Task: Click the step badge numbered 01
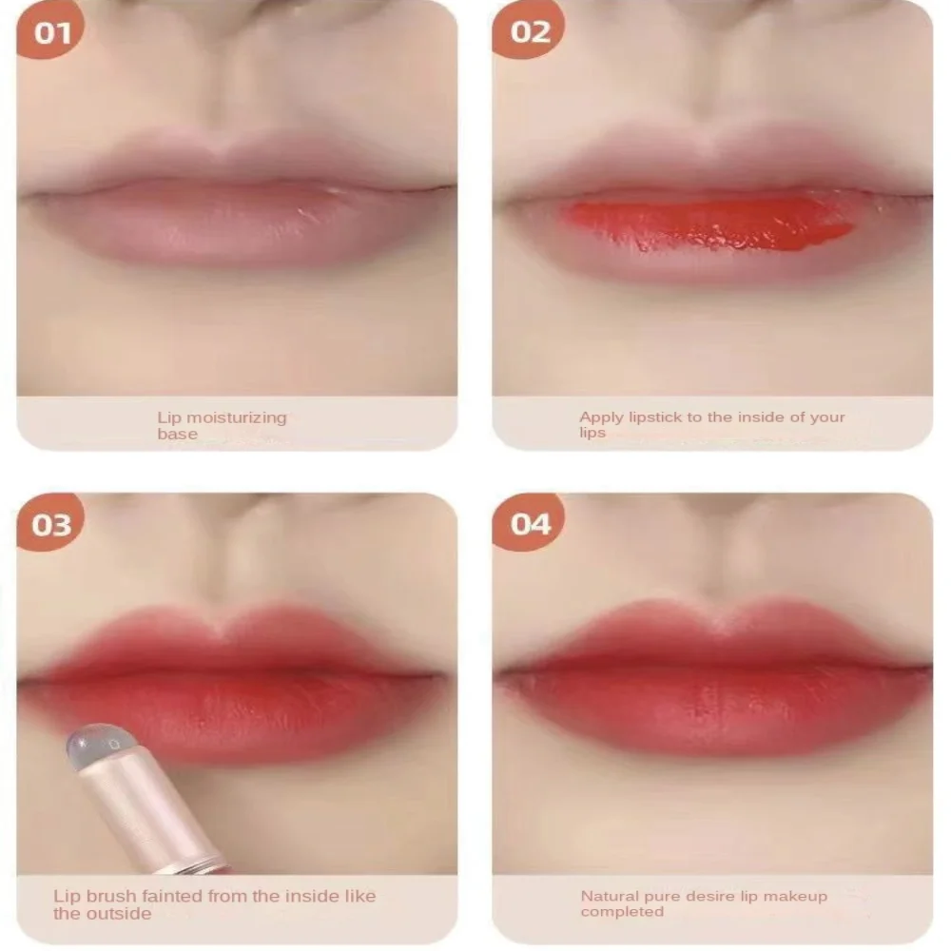pos(51,33)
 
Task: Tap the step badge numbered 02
pos(530,33)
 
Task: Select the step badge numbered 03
pos(51,525)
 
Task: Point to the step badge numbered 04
pos(530,525)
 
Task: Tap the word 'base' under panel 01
pos(177,435)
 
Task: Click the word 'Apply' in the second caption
pos(600,417)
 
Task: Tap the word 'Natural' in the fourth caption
pos(610,896)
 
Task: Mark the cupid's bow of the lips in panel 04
pos(715,623)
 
